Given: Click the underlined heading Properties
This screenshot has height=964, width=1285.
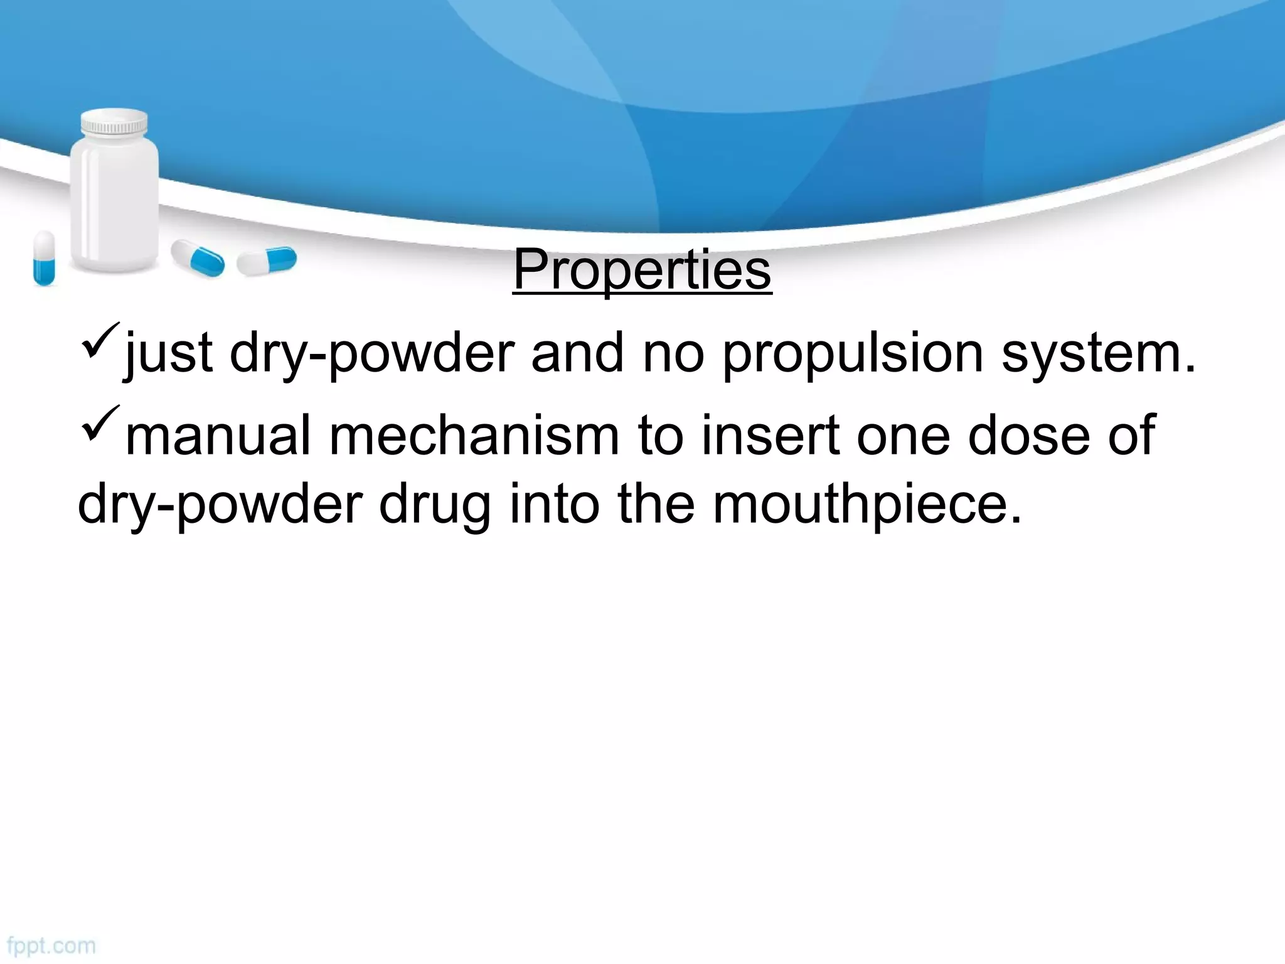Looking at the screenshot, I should (x=642, y=270).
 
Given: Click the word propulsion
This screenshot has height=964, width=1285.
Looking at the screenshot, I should (x=853, y=355).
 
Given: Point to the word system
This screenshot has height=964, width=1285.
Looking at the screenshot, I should (x=1099, y=355).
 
